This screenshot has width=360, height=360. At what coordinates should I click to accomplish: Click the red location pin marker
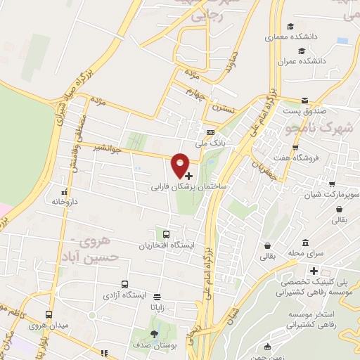tap(181, 164)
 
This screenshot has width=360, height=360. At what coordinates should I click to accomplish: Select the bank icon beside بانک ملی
tap(210, 132)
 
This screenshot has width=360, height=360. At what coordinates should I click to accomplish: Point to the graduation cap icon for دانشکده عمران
tap(302, 51)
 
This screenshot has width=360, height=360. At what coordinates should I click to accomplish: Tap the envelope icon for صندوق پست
tap(304, 101)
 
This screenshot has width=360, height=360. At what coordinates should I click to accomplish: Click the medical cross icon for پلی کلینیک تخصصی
tap(314, 271)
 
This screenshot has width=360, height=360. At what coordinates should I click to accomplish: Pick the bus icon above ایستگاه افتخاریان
tap(166, 235)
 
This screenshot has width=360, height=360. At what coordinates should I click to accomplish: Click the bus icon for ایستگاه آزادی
tap(124, 285)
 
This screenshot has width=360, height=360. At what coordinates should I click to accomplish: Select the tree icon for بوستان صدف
tap(154, 333)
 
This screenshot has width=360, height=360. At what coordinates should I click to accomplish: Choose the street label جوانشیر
tap(106, 148)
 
